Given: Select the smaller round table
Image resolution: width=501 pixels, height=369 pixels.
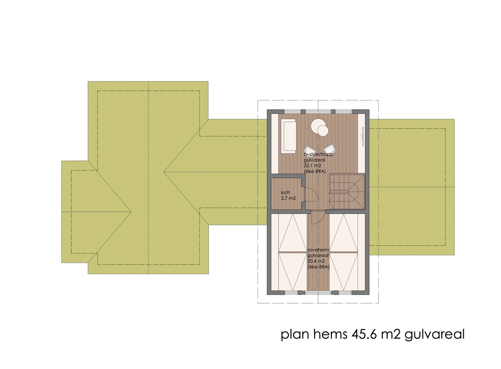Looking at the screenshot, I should click(322, 130).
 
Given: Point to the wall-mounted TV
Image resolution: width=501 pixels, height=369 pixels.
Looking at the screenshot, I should click(362, 137).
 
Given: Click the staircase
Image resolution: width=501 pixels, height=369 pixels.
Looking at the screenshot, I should click(347, 192).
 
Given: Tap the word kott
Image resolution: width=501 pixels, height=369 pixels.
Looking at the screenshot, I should click(285, 193).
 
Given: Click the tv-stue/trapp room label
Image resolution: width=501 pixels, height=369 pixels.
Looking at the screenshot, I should click(317, 155).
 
